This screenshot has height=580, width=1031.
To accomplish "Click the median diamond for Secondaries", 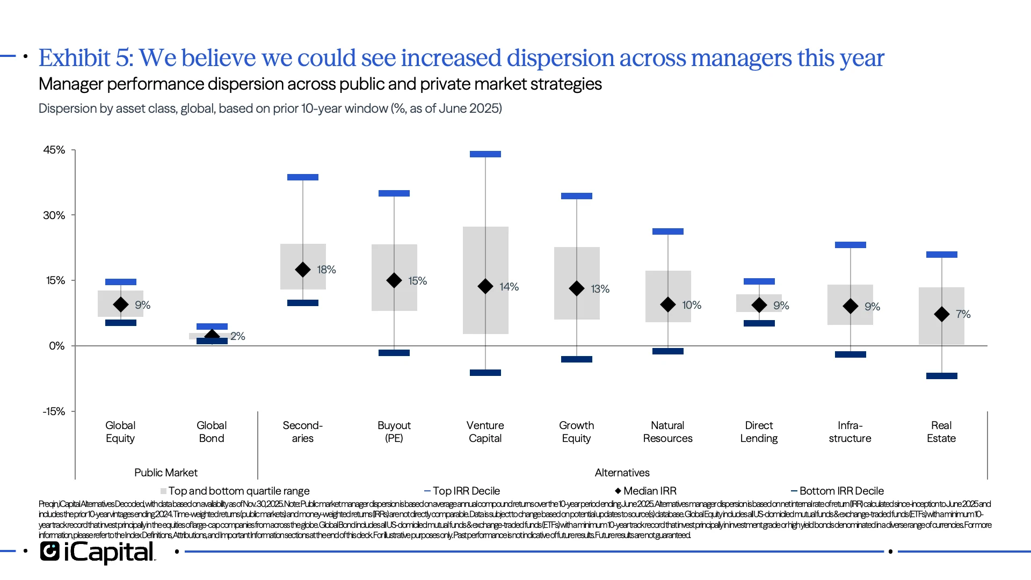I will (303, 270).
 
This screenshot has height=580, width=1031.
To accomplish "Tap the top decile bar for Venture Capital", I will (485, 154).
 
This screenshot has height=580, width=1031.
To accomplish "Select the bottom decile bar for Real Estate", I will (941, 376).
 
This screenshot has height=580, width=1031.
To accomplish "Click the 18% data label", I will (326, 270).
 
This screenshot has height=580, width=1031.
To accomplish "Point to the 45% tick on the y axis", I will (54, 150).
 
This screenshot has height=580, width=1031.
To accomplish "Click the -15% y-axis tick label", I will (54, 411).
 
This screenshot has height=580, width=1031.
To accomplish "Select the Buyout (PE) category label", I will (394, 432).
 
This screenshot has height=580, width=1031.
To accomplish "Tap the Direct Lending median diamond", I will (759, 306).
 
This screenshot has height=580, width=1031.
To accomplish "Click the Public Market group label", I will (165, 473).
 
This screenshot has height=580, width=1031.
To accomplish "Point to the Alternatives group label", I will (622, 473).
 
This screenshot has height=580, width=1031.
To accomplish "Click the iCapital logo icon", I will (50, 552).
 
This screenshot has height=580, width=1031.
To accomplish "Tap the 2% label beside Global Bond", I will (237, 336).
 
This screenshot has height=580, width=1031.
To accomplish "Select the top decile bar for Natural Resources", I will (667, 231).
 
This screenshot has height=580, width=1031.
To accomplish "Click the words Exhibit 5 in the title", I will (85, 58).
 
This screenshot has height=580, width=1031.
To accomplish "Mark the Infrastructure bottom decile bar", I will (850, 354).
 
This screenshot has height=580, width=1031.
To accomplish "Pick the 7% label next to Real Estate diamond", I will (963, 314).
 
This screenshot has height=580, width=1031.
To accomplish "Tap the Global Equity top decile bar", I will (120, 282).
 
